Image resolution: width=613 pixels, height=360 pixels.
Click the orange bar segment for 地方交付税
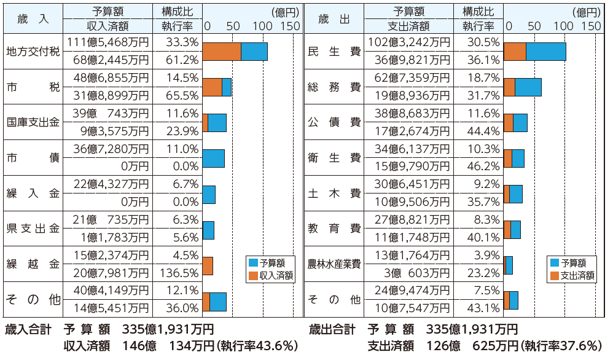click(x=221, y=52)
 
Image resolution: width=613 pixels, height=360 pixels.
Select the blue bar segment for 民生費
click(x=545, y=52)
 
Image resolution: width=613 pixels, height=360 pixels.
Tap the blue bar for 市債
click(x=213, y=158)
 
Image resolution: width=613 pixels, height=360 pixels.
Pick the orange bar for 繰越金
click(x=208, y=266)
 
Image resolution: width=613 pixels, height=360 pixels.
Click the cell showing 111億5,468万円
click(x=108, y=42)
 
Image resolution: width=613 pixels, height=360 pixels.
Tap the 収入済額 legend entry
click(x=270, y=275)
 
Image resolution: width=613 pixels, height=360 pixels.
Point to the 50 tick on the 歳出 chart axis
click(x=534, y=26)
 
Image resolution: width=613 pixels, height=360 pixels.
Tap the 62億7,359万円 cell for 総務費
click(x=409, y=78)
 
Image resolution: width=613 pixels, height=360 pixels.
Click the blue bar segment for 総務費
click(x=528, y=87)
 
